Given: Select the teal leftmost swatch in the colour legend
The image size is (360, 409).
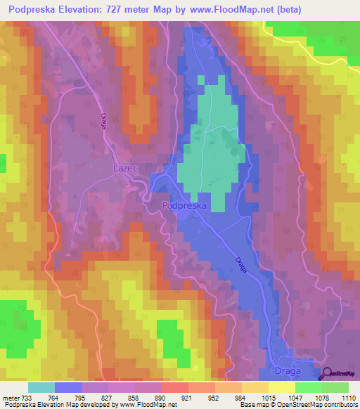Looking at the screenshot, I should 41,387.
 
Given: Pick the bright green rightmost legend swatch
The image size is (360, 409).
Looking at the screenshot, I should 335,387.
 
